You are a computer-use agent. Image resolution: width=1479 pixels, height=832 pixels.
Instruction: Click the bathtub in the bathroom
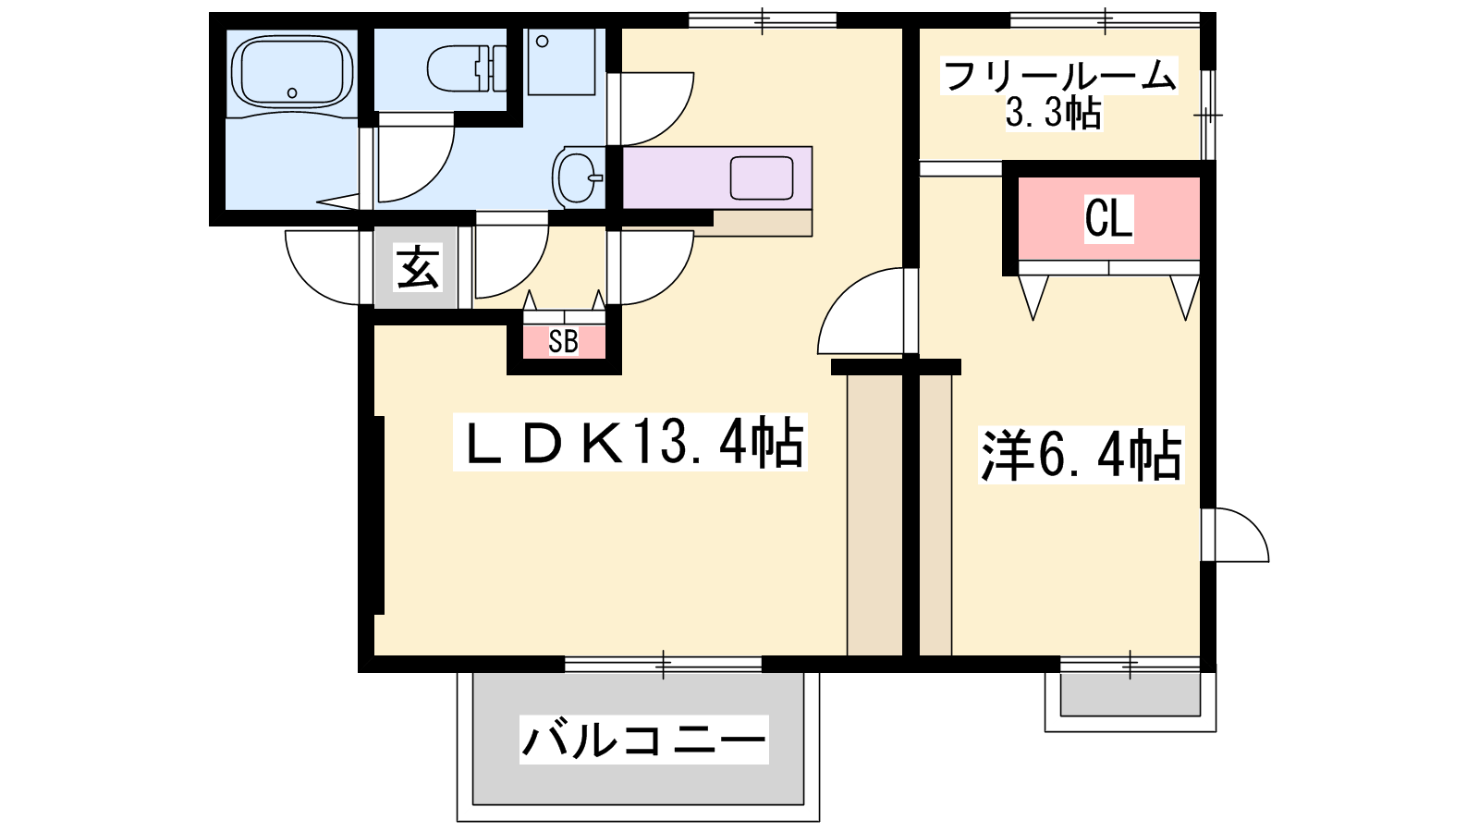click(x=291, y=70)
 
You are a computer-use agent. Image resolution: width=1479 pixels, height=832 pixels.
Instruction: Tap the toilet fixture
click(x=466, y=68)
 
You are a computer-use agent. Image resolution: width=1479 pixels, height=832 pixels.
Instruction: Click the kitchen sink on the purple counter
click(x=762, y=177)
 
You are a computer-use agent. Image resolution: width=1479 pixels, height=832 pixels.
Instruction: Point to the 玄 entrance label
click(x=417, y=267)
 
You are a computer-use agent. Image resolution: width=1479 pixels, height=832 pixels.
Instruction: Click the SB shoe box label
click(x=563, y=341)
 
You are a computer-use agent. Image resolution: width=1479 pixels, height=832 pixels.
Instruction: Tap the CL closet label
click(x=1109, y=217)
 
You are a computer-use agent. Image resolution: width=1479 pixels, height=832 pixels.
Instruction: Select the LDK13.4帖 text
click(x=630, y=443)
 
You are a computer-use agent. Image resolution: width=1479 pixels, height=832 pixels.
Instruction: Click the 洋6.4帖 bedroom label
click(x=1081, y=455)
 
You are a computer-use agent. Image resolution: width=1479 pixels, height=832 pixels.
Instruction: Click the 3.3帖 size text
click(x=1053, y=113)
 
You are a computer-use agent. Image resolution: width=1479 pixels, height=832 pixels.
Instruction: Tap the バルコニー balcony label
click(x=643, y=740)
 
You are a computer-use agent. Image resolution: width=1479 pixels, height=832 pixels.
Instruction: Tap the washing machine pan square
click(x=562, y=62)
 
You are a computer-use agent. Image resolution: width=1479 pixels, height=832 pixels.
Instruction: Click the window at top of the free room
click(x=1105, y=19)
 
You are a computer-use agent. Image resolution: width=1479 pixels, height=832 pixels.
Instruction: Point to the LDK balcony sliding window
click(x=664, y=664)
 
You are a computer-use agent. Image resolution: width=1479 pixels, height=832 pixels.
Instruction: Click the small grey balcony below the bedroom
click(x=1130, y=694)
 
